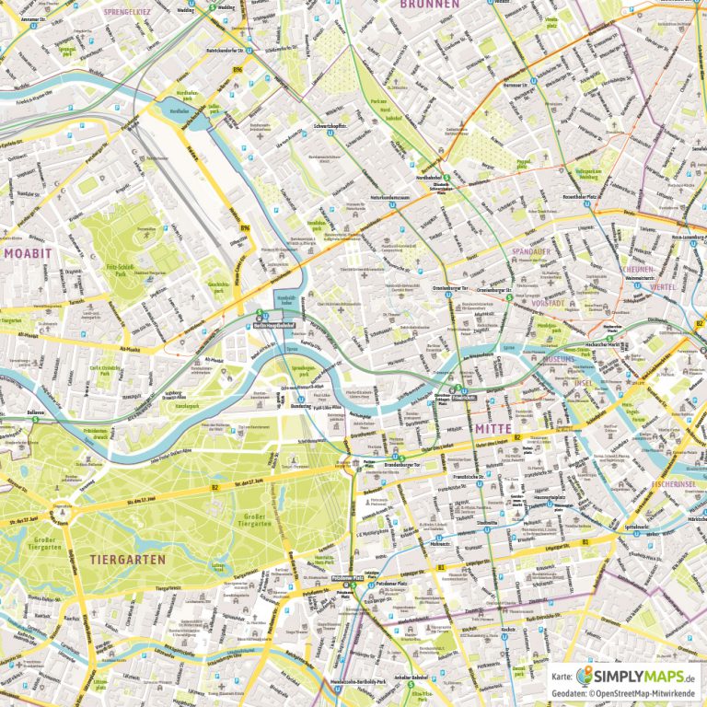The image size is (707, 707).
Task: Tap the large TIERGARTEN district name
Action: [128, 559]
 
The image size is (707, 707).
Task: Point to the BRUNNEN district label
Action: [429, 5]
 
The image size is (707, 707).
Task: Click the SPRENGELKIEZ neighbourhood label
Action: [128, 12]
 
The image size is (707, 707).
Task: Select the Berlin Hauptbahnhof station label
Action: [272, 325]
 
